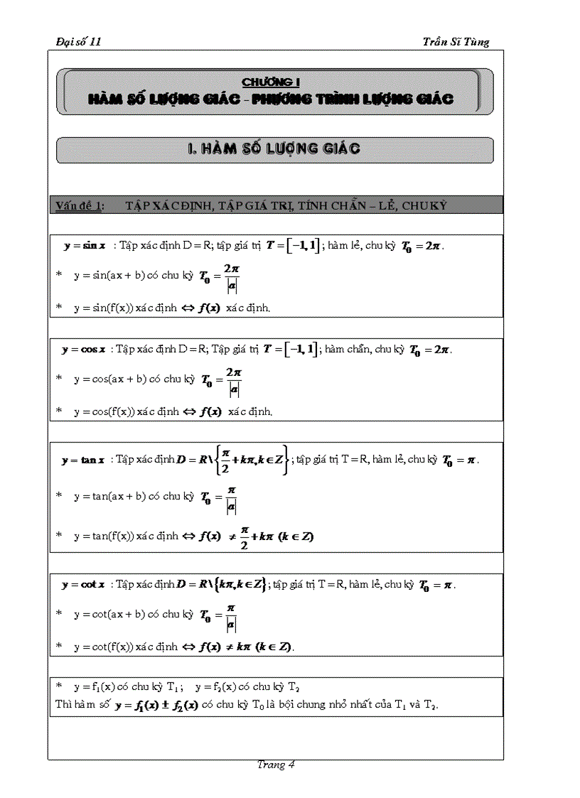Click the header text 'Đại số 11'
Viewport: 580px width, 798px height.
coord(79,42)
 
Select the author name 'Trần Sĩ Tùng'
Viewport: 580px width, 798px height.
coord(456,42)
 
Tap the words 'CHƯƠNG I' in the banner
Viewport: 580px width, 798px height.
coord(270,82)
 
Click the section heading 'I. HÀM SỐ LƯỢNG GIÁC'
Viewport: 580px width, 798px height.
coord(274,149)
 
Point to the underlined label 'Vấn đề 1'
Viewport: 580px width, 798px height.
coord(79,206)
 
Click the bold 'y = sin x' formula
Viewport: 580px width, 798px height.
coord(85,246)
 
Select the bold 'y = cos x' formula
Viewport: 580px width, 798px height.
coord(84,349)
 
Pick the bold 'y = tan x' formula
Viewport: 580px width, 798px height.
coord(83,460)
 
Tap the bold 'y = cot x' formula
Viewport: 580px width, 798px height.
coord(83,585)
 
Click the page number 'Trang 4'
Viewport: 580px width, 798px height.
coord(276,765)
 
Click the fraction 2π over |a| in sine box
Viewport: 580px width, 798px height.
coord(230,278)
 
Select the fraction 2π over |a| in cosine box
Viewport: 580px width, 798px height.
coord(234,382)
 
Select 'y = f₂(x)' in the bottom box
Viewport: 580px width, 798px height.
coord(214,687)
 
